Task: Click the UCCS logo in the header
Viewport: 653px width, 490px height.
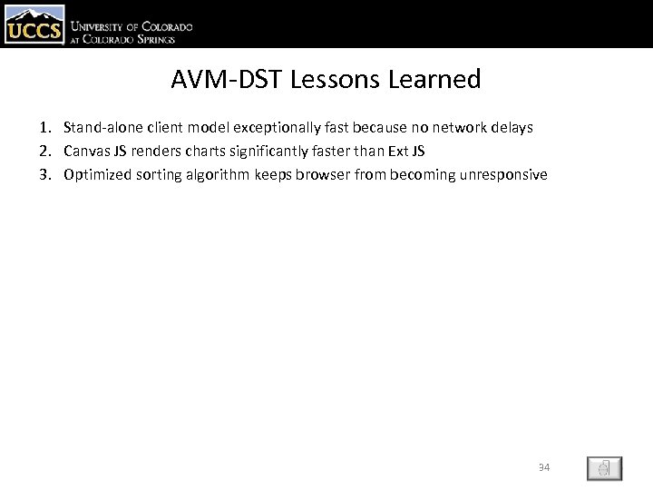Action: coord(34,24)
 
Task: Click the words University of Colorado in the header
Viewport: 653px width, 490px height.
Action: coord(132,27)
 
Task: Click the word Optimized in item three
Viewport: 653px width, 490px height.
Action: coord(96,174)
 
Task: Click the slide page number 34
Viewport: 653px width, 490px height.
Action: coord(544,467)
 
